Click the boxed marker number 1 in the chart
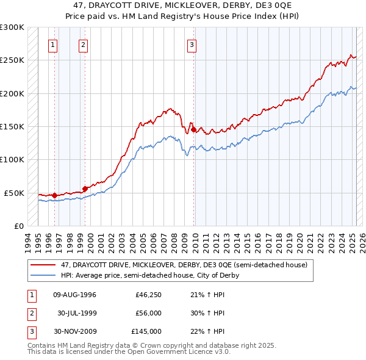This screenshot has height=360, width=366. [53, 44]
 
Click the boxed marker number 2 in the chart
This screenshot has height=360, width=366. [83, 44]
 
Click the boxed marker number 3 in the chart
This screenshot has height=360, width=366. [192, 44]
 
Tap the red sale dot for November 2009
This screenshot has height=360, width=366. [193, 129]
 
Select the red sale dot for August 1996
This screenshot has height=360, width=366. [54, 195]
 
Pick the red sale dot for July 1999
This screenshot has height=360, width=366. [85, 189]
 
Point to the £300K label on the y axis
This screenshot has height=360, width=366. [12, 27]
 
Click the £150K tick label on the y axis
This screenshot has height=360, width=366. [12, 127]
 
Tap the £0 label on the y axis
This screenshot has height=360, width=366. [18, 226]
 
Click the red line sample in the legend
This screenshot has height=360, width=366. [43, 265]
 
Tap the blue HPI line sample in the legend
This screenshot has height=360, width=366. [43, 275]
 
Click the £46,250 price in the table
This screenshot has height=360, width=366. [148, 294]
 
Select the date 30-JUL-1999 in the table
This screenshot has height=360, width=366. [76, 313]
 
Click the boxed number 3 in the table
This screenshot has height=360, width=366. [30, 332]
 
